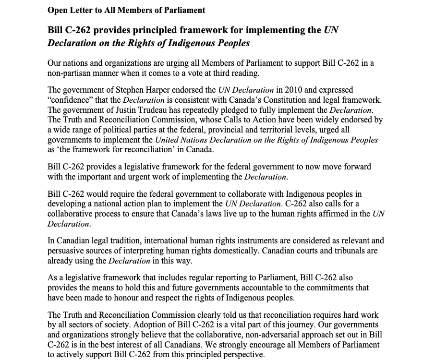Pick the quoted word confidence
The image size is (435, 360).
pyautogui.click(x=72, y=100)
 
